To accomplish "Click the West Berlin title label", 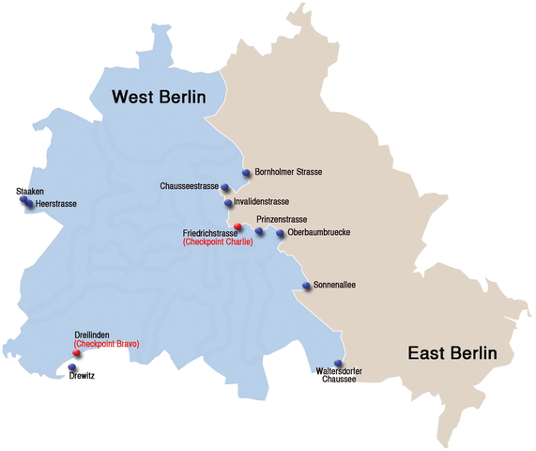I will [159, 96].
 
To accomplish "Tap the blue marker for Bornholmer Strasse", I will [246, 173].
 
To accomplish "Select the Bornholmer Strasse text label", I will [288, 173].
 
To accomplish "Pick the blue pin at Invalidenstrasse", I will [228, 203].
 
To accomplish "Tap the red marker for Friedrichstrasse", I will [237, 227].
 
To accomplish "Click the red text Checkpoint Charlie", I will [218, 242].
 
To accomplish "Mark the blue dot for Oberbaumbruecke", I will [280, 234].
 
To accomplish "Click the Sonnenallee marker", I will [305, 286].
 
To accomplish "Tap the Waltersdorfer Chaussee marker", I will [339, 364].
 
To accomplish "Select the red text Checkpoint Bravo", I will [106, 344].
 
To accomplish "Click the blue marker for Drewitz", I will [72, 367].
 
